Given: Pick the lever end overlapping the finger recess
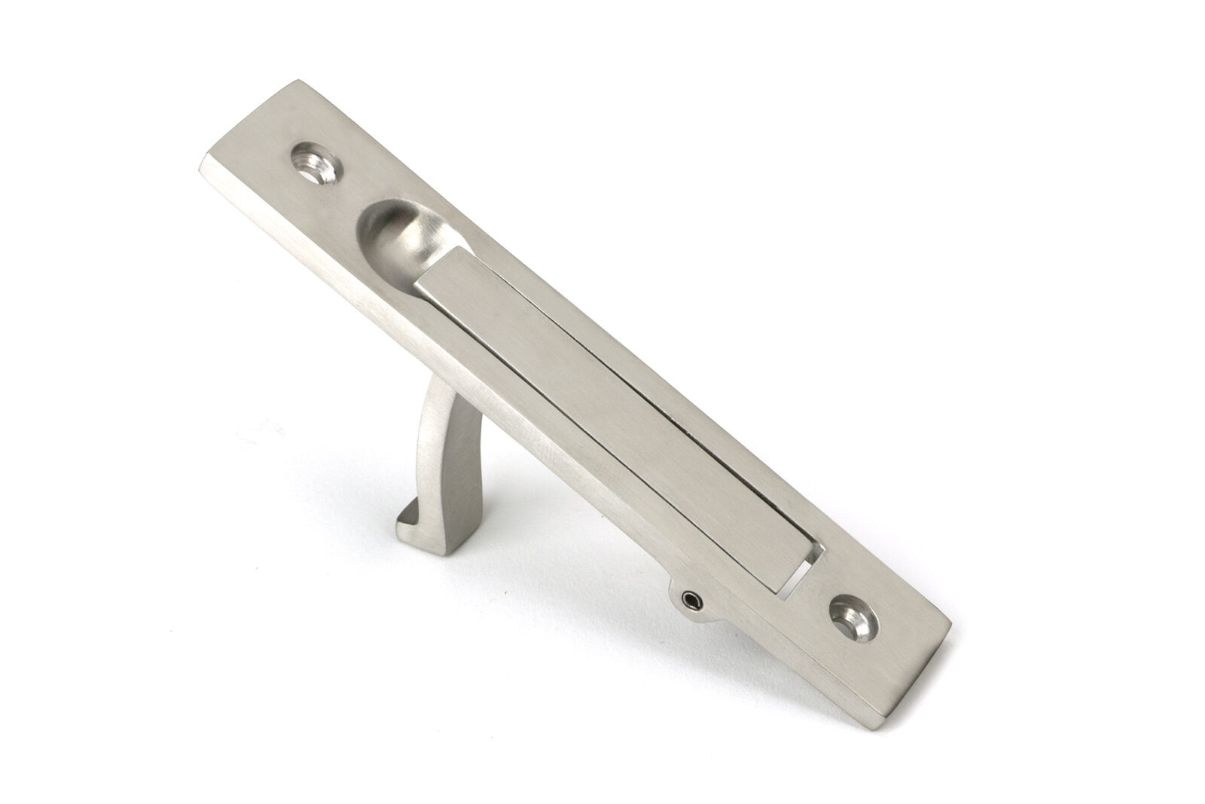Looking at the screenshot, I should [x=437, y=290].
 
